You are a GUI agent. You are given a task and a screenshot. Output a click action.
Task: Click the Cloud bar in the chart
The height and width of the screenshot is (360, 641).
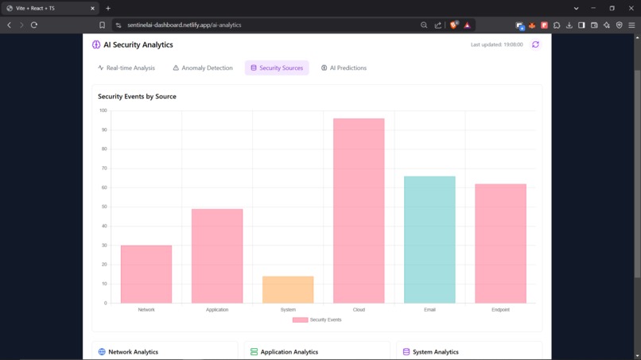point(359,211)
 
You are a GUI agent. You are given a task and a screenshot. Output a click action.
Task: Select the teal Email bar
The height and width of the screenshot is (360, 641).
point(429,239)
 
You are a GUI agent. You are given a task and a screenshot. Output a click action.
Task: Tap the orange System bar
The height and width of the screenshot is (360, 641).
point(288,289)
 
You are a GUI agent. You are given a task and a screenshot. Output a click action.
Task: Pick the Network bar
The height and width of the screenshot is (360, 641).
point(146,274)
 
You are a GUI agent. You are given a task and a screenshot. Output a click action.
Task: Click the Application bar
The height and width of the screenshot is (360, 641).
point(217,256)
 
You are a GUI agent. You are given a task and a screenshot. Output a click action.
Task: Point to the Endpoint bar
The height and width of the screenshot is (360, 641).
point(500,243)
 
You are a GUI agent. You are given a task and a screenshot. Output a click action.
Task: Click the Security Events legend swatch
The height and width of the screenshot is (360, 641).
point(300,319)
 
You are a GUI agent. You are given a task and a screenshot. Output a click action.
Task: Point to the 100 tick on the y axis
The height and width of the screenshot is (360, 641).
point(103,110)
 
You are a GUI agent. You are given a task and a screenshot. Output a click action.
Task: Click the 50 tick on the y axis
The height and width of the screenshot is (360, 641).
point(103,207)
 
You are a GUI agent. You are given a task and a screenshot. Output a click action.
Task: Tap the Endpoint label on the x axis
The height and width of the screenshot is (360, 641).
point(500,310)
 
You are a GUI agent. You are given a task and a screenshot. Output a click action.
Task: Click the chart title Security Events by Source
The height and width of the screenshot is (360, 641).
point(137,96)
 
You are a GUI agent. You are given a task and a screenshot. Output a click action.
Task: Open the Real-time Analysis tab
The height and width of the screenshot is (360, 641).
point(126,68)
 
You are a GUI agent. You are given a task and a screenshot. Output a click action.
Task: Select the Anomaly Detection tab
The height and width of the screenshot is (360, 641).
point(203,68)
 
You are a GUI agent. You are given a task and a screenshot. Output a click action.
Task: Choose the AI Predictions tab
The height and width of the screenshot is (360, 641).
point(344,68)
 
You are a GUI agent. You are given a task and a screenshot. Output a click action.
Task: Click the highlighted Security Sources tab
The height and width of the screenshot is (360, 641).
point(277,68)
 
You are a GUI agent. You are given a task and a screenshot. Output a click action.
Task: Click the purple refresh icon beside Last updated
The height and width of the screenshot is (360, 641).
point(535,45)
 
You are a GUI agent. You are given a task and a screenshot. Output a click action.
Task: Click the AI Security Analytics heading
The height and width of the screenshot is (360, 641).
point(138,45)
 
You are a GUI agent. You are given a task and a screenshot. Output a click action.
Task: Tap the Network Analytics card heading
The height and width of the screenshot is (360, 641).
point(133,351)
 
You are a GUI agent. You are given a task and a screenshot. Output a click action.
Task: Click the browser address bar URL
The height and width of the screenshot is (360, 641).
point(184,25)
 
